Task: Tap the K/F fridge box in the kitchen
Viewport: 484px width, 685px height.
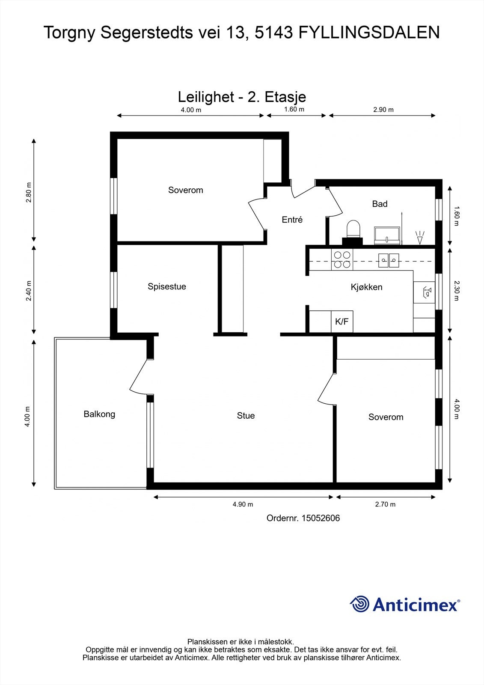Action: [342, 322]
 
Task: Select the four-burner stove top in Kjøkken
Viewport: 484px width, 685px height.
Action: [342, 259]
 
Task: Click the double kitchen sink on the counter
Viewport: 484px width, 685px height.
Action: [389, 261]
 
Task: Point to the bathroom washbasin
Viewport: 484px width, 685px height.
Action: [387, 235]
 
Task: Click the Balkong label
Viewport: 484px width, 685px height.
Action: [99, 414]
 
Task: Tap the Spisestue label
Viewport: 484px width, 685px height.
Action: [166, 286]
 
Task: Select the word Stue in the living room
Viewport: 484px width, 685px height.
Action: [246, 416]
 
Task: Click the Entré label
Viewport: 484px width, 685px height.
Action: [292, 220]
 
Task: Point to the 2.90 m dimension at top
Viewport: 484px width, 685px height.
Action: [383, 110]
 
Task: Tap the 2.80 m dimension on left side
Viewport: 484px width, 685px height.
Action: [28, 193]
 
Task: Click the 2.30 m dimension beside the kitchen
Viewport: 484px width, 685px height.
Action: [457, 291]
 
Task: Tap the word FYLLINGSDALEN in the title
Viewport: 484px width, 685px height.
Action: [369, 33]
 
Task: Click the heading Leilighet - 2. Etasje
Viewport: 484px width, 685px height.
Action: [242, 97]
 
